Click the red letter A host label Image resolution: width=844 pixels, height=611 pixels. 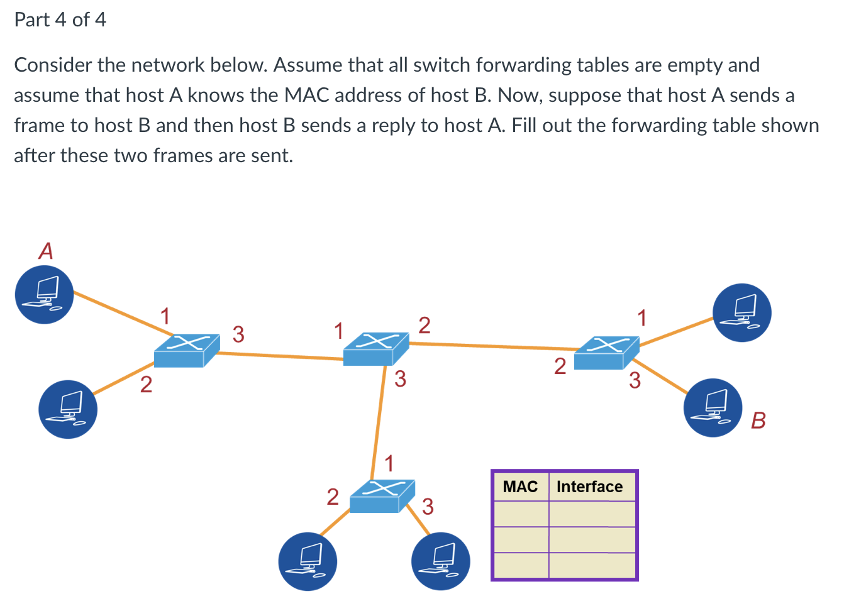(46, 251)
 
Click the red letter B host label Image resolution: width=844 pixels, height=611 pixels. (758, 420)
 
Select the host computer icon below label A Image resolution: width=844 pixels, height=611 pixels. (45, 294)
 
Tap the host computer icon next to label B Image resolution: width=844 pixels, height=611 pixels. (713, 407)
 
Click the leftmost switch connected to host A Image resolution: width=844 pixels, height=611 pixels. (186, 350)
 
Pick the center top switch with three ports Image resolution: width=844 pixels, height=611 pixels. (375, 349)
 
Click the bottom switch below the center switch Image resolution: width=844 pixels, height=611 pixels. (382, 496)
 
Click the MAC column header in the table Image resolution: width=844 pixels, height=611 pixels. (520, 487)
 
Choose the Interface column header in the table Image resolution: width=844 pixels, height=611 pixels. (589, 487)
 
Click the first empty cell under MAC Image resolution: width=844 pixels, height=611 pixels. (521, 514)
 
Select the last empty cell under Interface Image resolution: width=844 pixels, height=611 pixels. (592, 564)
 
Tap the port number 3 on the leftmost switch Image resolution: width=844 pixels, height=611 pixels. (238, 334)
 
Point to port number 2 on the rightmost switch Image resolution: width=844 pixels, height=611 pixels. (560, 366)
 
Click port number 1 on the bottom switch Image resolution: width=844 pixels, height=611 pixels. (389, 463)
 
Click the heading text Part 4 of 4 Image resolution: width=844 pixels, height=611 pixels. (60, 19)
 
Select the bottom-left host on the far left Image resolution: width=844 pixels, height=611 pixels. (68, 409)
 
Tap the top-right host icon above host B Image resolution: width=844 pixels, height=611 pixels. (741, 312)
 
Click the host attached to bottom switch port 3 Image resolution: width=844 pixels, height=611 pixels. (440, 561)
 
